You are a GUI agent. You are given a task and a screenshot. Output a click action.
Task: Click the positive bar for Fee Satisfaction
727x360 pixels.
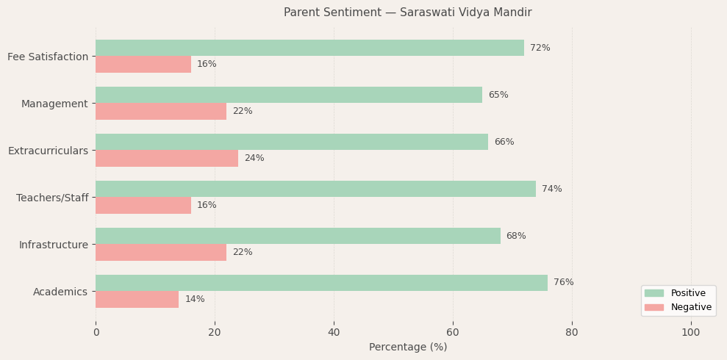tap(309, 48)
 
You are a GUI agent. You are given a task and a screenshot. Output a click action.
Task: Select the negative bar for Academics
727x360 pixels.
tap(137, 299)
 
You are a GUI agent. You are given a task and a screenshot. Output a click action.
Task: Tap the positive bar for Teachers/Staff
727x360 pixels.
tap(315, 189)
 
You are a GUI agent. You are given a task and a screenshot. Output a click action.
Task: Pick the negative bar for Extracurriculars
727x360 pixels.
tap(167, 158)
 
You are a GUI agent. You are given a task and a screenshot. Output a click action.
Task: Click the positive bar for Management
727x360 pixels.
tap(289, 95)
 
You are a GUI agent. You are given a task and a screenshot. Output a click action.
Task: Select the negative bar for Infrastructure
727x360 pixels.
tap(161, 252)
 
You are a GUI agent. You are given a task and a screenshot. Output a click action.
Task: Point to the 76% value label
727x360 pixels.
tap(563, 283)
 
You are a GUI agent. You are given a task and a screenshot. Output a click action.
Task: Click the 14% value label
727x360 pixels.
tap(195, 299)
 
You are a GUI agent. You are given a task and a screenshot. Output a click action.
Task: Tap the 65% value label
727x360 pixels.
tap(498, 95)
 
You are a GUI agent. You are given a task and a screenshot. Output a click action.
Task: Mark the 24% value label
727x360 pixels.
tap(254, 158)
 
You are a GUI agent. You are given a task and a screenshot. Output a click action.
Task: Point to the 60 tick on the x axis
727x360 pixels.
tap(453, 332)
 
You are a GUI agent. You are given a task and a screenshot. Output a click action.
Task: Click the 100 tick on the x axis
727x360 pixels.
tap(690, 332)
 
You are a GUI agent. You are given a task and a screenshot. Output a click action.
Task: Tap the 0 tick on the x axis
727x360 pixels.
tap(96, 332)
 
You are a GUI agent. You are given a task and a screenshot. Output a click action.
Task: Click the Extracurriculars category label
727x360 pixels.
tap(48, 151)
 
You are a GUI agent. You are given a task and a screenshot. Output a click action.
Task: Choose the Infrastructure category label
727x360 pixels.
tap(53, 245)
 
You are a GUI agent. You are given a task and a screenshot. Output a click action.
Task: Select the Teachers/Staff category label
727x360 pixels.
tap(52, 198)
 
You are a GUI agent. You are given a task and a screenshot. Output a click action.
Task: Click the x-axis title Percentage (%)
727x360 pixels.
tap(407, 347)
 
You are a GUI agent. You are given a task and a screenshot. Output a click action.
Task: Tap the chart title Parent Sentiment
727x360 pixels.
tap(407, 12)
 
